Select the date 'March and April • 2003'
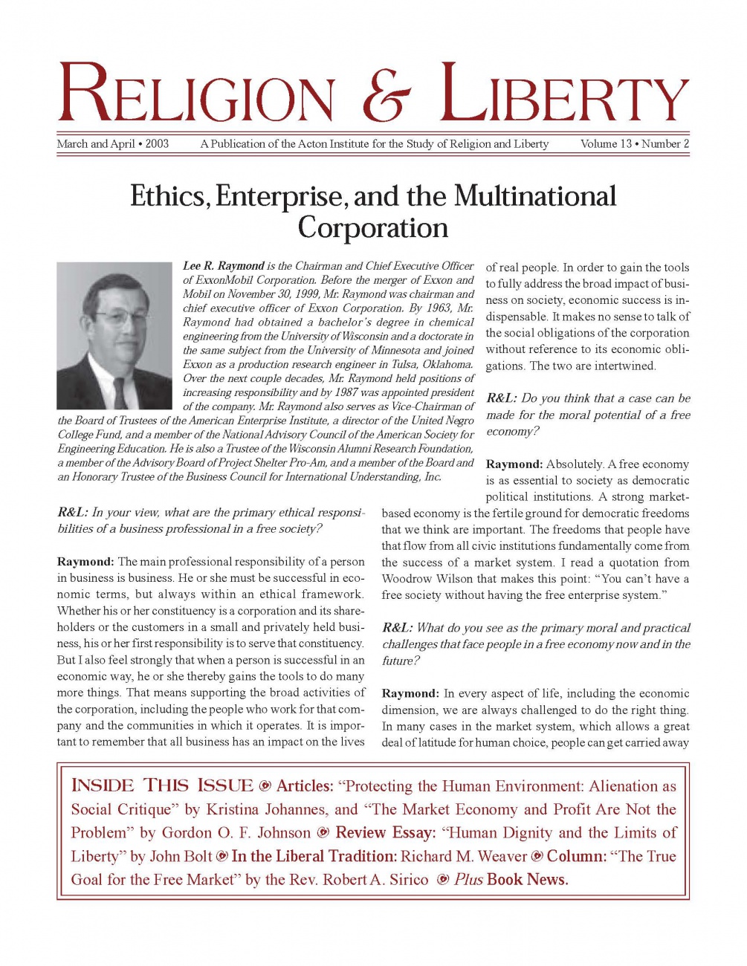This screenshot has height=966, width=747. tap(113, 144)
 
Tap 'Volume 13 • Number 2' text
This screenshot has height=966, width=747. tap(635, 144)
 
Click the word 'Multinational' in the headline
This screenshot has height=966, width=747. tap(535, 196)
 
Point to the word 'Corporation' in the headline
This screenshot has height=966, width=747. tap(373, 227)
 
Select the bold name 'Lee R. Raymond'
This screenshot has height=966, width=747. tap(224, 266)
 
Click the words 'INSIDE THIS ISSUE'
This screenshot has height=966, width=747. tap(162, 786)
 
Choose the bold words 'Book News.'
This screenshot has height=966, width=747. tap(528, 880)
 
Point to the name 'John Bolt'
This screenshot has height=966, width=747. tap(181, 857)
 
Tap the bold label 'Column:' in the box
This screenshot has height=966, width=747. tap(576, 856)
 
